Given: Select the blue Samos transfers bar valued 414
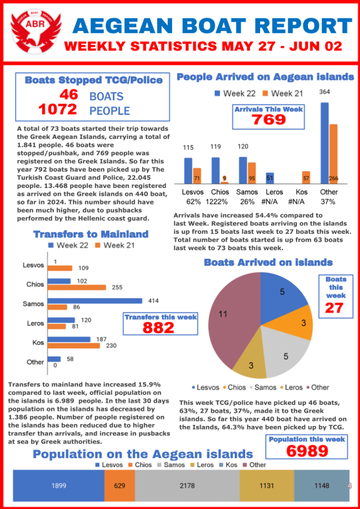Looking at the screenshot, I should coord(94,301).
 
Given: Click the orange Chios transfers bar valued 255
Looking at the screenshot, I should coord(77,287).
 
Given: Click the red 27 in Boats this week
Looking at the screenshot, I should coord(334,308).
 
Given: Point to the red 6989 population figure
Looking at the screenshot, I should coord(307,451).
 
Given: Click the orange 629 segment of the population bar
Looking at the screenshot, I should coord(119,486).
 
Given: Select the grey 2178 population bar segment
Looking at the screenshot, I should coord(187,486).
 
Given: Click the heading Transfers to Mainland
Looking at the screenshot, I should coord(90,234).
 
